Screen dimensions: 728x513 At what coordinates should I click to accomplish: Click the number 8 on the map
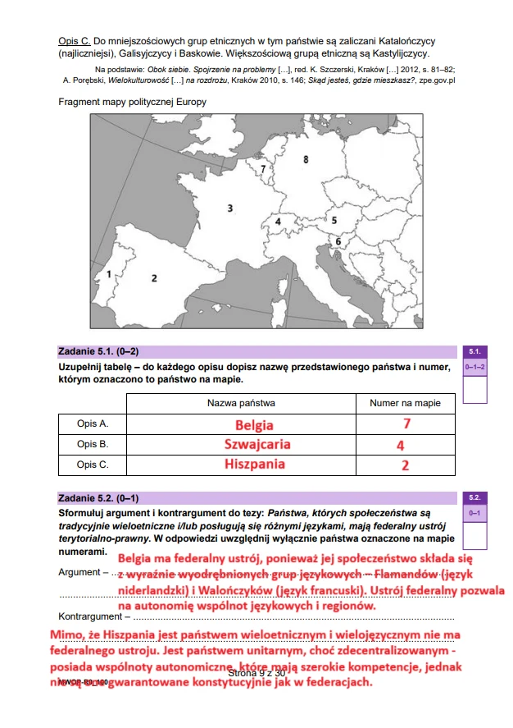point(306,159)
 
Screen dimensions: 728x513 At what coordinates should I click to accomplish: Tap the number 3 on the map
point(230,208)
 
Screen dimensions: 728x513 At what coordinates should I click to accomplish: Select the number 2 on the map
point(154,278)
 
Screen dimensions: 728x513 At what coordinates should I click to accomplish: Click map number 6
point(338,241)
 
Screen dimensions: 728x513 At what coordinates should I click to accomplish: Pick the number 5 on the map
point(334,220)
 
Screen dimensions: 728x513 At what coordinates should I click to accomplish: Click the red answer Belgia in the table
point(254,425)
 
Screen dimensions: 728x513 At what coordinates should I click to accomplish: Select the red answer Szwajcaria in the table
point(257,444)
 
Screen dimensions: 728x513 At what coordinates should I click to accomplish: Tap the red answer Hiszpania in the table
point(255,464)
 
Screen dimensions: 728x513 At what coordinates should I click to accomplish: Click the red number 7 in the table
point(406,424)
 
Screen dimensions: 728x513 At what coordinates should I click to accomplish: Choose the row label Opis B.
point(93,444)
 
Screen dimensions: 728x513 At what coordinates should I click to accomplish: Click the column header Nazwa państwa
point(241,403)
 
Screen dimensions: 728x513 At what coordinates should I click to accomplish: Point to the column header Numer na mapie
point(405,403)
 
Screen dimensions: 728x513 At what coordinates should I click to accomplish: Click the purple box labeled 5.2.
point(475,497)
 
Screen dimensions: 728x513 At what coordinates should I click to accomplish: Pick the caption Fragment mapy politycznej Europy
point(132,102)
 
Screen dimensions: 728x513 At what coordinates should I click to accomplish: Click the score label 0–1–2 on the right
point(475,366)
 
